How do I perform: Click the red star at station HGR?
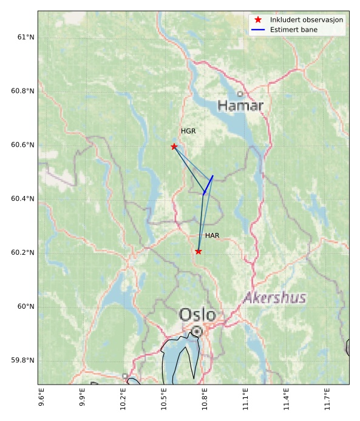click(x=174, y=146)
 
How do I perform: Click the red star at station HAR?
click(x=199, y=251)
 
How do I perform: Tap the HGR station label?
click(x=189, y=131)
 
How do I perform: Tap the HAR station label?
click(x=212, y=235)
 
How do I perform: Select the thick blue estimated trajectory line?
click(x=208, y=184)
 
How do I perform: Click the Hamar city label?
click(x=240, y=106)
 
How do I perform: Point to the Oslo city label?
click(x=197, y=315)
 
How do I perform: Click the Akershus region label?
click(x=274, y=298)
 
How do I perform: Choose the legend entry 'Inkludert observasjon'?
click(x=307, y=20)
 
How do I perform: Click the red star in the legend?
click(x=258, y=20)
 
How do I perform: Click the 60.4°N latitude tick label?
click(x=22, y=199)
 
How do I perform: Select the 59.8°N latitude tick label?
click(x=22, y=360)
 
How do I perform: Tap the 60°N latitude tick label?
click(x=25, y=306)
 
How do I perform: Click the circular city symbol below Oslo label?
click(x=197, y=331)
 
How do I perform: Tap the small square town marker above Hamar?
click(x=240, y=93)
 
